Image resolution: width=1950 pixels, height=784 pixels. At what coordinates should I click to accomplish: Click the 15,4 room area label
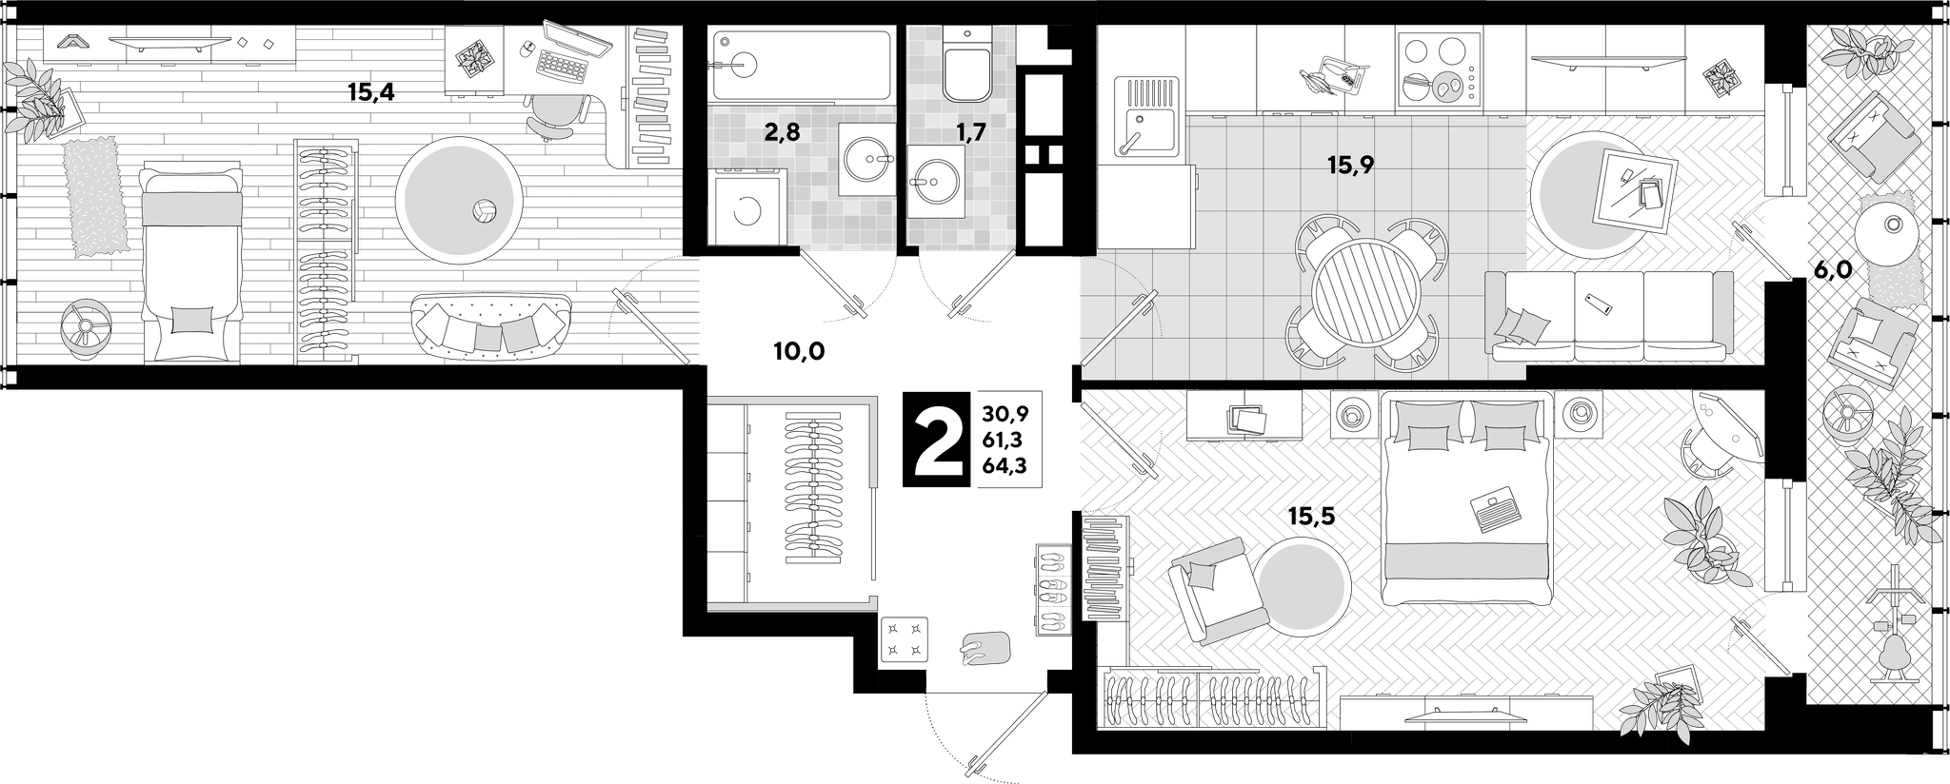[x=370, y=92]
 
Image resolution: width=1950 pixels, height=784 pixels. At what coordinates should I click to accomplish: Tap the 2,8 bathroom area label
[x=782, y=132]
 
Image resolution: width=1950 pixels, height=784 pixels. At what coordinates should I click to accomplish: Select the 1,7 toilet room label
[x=970, y=132]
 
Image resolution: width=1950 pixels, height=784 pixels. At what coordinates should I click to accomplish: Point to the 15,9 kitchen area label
[x=1351, y=166]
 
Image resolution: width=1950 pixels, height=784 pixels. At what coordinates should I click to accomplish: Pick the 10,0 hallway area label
[x=798, y=352]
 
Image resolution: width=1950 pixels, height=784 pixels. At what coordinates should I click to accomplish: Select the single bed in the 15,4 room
[x=190, y=263]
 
